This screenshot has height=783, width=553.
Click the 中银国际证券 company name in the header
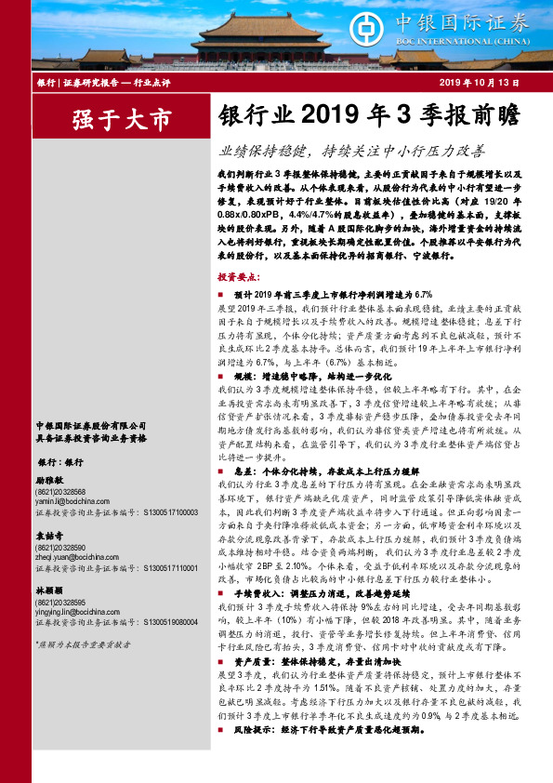(x=479, y=22)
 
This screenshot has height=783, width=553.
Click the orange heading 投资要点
(x=239, y=278)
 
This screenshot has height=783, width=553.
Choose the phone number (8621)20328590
(x=59, y=549)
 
